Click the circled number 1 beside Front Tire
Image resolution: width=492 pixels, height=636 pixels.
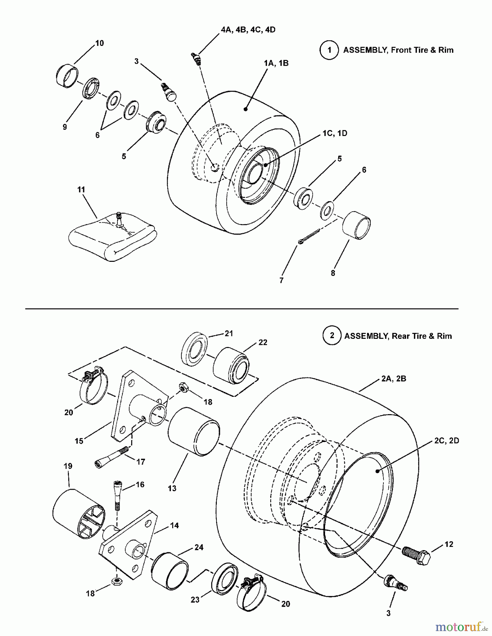(x=329, y=50)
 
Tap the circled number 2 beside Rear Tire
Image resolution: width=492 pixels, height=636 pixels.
(x=332, y=336)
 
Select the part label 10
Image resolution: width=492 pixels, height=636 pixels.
(x=99, y=43)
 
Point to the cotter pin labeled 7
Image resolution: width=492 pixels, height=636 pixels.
(x=309, y=236)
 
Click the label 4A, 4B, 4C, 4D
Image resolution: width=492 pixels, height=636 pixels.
(x=248, y=30)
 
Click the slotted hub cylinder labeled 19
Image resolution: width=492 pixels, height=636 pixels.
(x=79, y=514)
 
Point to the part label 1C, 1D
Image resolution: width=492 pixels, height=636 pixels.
(x=334, y=133)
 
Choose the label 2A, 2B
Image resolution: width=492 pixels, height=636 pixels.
(x=394, y=379)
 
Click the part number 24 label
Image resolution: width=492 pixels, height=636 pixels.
(x=199, y=547)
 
